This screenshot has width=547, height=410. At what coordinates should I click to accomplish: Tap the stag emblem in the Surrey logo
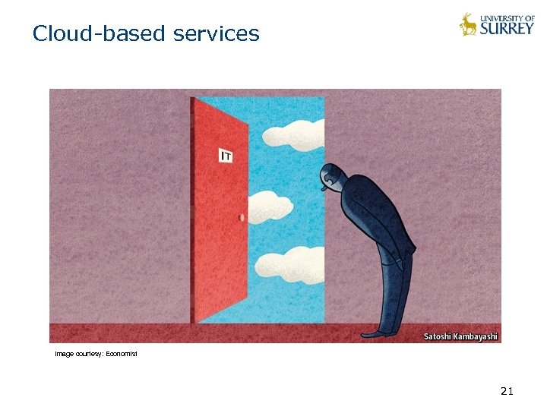[x=468, y=24]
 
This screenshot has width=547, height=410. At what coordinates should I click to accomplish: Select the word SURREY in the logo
[x=507, y=28]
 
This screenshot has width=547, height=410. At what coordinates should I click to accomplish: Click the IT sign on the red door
[x=226, y=156]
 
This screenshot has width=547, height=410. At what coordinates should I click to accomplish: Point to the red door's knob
[x=242, y=218]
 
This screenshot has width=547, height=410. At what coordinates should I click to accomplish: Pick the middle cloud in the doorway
[x=270, y=205]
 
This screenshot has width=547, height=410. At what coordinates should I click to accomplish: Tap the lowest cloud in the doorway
[x=289, y=263]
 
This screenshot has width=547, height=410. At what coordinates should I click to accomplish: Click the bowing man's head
[x=331, y=177]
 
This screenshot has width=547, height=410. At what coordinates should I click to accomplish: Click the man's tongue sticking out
[x=323, y=192]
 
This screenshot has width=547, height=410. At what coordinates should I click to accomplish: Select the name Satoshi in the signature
[x=438, y=336]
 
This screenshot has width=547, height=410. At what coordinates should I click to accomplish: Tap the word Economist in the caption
[x=122, y=354]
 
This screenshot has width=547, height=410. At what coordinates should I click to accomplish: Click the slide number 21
[x=507, y=391]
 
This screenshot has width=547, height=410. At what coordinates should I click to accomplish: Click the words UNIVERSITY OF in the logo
[x=507, y=17]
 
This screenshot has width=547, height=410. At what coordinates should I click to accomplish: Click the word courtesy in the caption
[x=89, y=354]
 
